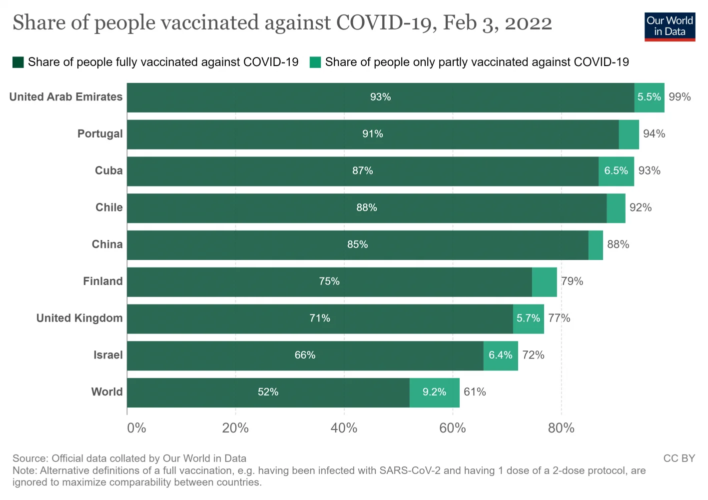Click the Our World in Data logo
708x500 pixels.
pyautogui.click(x=670, y=26)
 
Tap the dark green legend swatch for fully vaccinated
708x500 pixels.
pyautogui.click(x=18, y=62)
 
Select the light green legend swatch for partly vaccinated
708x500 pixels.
pyautogui.click(x=315, y=62)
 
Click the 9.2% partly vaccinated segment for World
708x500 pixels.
pyautogui.click(x=434, y=392)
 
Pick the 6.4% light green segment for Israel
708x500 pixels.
pyautogui.click(x=500, y=355)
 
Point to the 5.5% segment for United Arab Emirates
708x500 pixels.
pyautogui.click(x=649, y=97)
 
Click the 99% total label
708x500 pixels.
pyautogui.click(x=680, y=97)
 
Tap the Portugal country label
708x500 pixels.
pyautogui.click(x=100, y=134)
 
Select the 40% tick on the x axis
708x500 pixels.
pyautogui.click(x=344, y=428)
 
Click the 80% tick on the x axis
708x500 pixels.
pyautogui.click(x=561, y=428)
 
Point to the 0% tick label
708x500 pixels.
pyautogui.click(x=136, y=428)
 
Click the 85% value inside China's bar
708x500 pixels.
pyautogui.click(x=358, y=244)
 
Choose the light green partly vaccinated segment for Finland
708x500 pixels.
pyautogui.click(x=544, y=282)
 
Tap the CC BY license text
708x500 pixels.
pyautogui.click(x=679, y=458)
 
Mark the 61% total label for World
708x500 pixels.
pyautogui.click(x=475, y=392)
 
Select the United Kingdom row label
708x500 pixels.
pyautogui.click(x=79, y=318)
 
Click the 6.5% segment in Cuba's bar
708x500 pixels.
pyautogui.click(x=616, y=171)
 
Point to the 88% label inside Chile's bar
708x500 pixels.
pyautogui.click(x=367, y=208)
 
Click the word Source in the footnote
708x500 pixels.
pyautogui.click(x=29, y=458)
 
